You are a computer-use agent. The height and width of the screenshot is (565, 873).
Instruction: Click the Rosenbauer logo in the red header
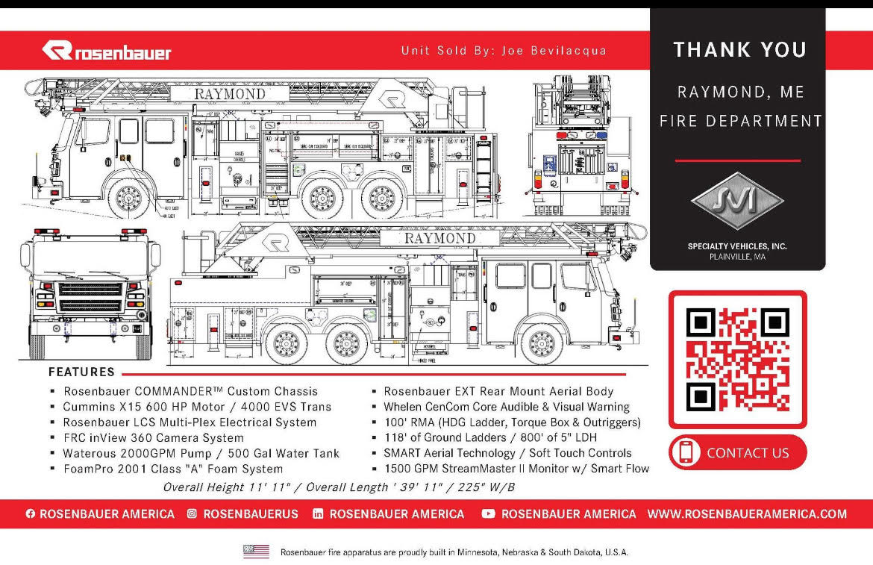(107, 51)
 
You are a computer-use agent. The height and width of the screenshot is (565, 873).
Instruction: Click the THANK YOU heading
(739, 50)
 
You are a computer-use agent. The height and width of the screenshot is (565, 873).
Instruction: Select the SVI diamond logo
(736, 202)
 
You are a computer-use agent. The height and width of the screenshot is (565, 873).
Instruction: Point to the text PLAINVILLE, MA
(737, 257)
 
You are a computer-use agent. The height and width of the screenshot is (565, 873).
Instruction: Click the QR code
(737, 359)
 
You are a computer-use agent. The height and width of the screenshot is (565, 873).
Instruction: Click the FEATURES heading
(81, 372)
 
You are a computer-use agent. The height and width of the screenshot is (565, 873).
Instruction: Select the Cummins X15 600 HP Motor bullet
(197, 407)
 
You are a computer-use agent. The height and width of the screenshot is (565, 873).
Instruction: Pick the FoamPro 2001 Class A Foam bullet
(173, 469)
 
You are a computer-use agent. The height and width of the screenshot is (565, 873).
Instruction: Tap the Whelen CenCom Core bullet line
(506, 407)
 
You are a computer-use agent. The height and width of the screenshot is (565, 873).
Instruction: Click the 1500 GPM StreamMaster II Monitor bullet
(516, 469)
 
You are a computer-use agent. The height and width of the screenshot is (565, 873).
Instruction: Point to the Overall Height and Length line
(339, 487)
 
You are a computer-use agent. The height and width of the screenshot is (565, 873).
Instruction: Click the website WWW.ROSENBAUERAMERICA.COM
(747, 514)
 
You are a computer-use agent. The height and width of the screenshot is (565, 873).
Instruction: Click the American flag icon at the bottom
(256, 552)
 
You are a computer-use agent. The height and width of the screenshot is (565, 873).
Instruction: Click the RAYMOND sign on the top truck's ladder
(229, 94)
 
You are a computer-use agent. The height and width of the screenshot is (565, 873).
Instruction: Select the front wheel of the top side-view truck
(129, 198)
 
